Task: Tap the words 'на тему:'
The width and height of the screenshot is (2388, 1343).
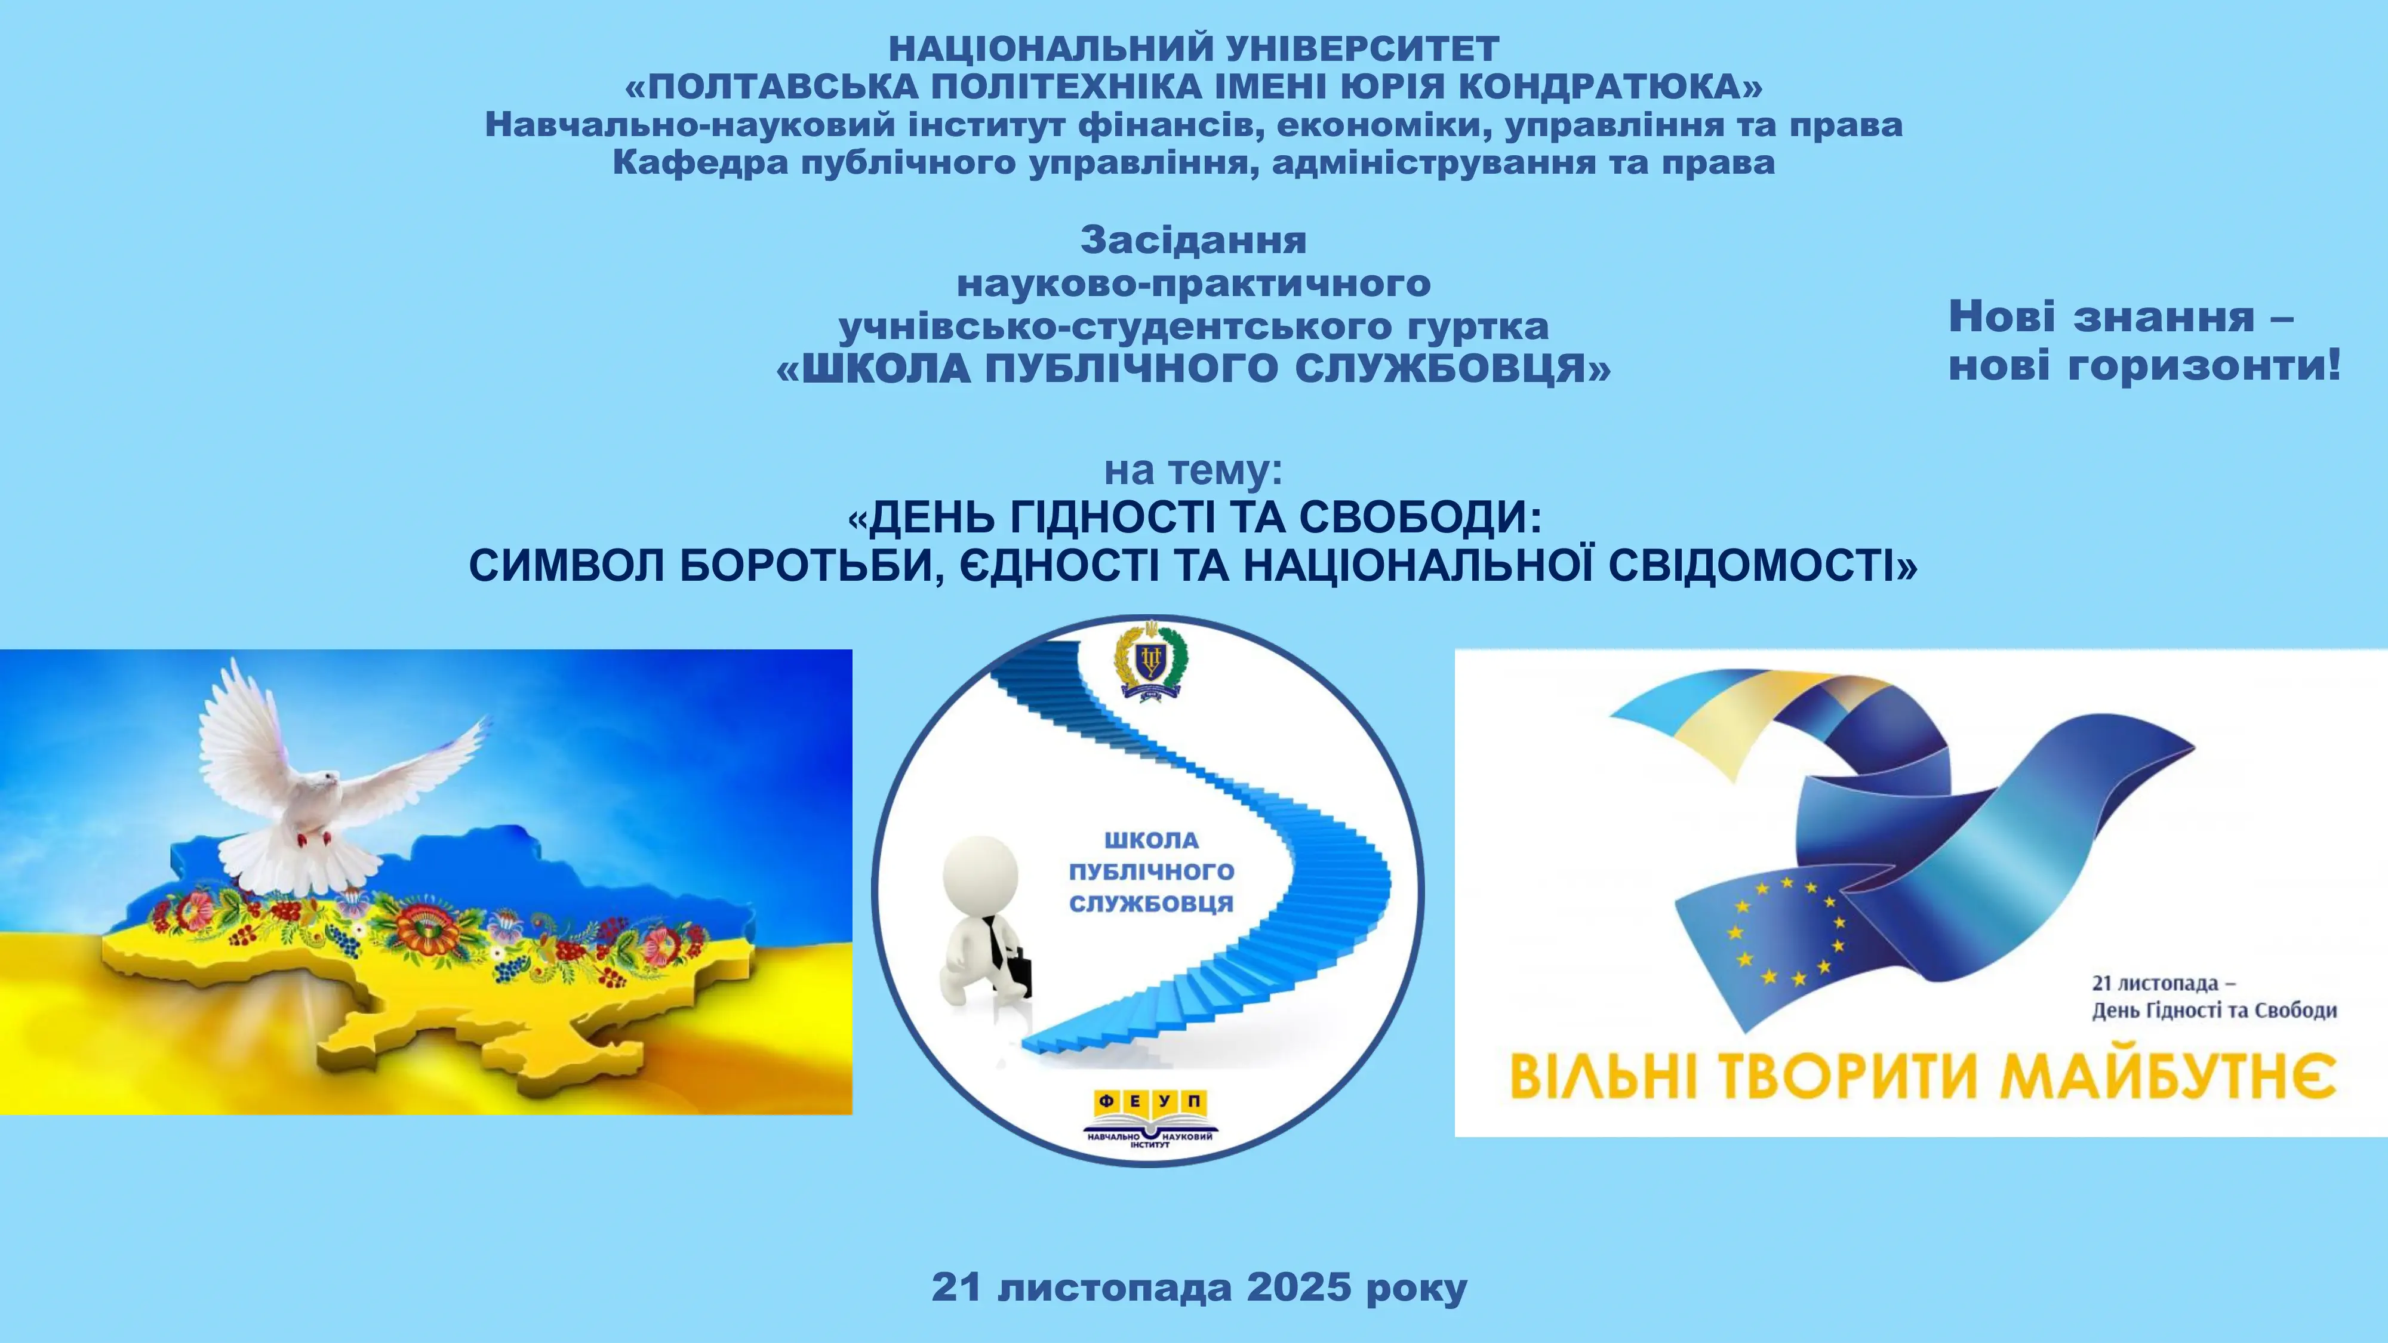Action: point(1193,471)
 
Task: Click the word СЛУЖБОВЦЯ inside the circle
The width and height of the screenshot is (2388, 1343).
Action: point(1152,904)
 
